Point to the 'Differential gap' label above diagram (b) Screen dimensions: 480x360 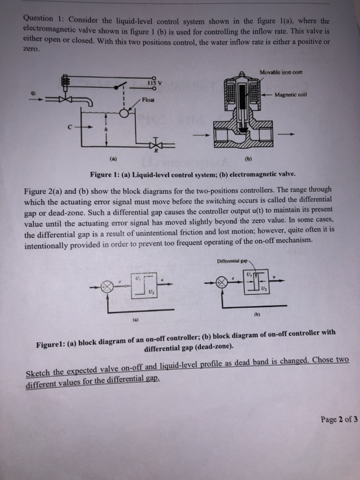[x=232, y=261]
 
